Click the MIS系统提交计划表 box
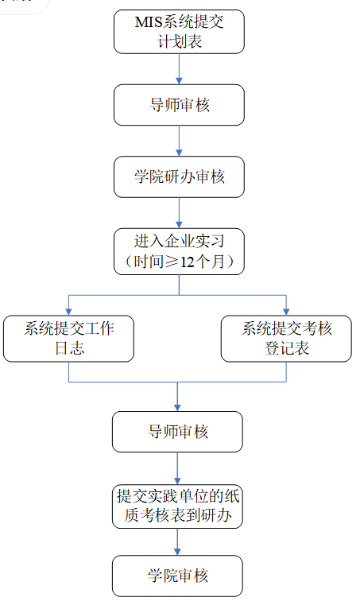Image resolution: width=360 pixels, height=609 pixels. [179, 32]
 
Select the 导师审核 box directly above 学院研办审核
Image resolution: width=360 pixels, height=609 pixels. [179, 105]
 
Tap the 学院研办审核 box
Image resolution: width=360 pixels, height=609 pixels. [179, 176]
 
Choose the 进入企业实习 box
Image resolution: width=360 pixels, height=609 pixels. [179, 251]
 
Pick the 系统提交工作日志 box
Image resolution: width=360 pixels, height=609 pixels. [68, 339]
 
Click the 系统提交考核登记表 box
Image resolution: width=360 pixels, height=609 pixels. [286, 339]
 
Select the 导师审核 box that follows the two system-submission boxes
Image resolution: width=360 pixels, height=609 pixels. [177, 432]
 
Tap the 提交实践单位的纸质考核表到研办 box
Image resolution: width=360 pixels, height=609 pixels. [177, 506]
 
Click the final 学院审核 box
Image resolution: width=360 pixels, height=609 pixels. [177, 576]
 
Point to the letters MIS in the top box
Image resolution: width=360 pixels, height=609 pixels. [149, 21]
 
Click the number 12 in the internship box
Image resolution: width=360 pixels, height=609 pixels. [188, 262]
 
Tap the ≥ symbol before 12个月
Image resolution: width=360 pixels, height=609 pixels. [172, 262]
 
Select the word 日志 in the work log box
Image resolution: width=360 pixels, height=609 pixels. [69, 348]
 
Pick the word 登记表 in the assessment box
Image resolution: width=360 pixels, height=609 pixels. [287, 348]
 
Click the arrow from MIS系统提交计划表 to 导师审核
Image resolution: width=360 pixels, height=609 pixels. [179, 69]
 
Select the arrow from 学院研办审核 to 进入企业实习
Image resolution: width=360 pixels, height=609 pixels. [179, 213]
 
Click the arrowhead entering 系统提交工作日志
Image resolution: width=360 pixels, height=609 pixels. [68, 312]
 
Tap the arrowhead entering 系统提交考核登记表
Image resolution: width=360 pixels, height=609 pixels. [286, 312]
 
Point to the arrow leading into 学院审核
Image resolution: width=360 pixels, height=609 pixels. [177, 541]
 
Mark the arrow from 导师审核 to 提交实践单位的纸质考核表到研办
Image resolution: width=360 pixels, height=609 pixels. [177, 468]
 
